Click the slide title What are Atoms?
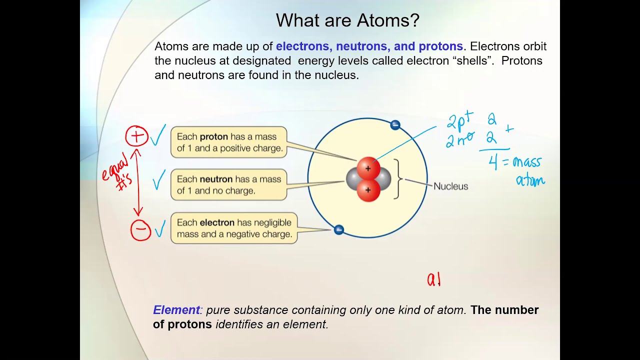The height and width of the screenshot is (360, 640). pos(347,20)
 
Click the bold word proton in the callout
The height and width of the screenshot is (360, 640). pos(214,136)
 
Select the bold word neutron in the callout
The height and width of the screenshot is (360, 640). pos(216,179)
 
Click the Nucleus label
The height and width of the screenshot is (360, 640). pos(450,186)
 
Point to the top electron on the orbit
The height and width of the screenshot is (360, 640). pos(395,125)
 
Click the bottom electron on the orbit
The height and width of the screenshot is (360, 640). pos(338,230)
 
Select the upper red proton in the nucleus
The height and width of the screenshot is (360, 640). pos(368,168)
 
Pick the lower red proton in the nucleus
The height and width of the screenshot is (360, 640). pos(368,190)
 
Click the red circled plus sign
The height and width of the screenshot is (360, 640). pos(136,136)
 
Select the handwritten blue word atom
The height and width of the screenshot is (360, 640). pos(530,179)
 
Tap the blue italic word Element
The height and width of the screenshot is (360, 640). pos(176,310)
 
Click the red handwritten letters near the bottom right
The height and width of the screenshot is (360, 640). pos(433,279)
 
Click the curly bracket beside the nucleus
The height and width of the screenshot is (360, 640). pos(398,179)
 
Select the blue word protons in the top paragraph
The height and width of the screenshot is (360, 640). pos(440,46)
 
